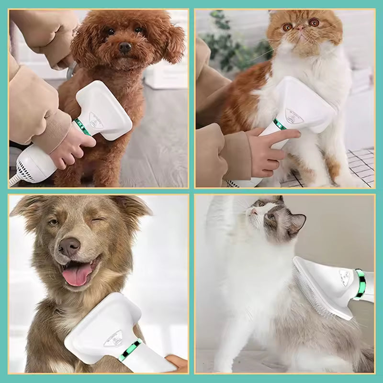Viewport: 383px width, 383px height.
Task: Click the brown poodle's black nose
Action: (x=125, y=47)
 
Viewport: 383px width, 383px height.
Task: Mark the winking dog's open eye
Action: (x=54, y=222)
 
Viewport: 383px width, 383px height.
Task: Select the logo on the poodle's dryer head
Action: (x=95, y=118)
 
